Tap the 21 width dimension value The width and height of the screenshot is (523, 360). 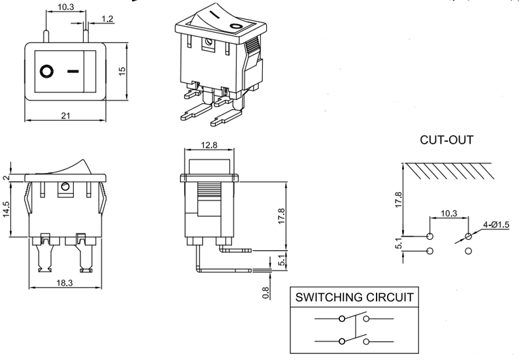click(65, 116)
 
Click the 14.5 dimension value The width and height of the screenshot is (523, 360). click(7, 210)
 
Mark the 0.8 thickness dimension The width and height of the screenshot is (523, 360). click(265, 293)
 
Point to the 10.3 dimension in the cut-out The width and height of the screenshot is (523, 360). click(448, 213)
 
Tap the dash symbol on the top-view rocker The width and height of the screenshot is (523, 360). click(73, 70)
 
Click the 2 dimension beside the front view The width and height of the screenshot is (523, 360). click(7, 177)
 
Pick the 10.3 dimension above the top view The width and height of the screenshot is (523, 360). click(65, 8)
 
